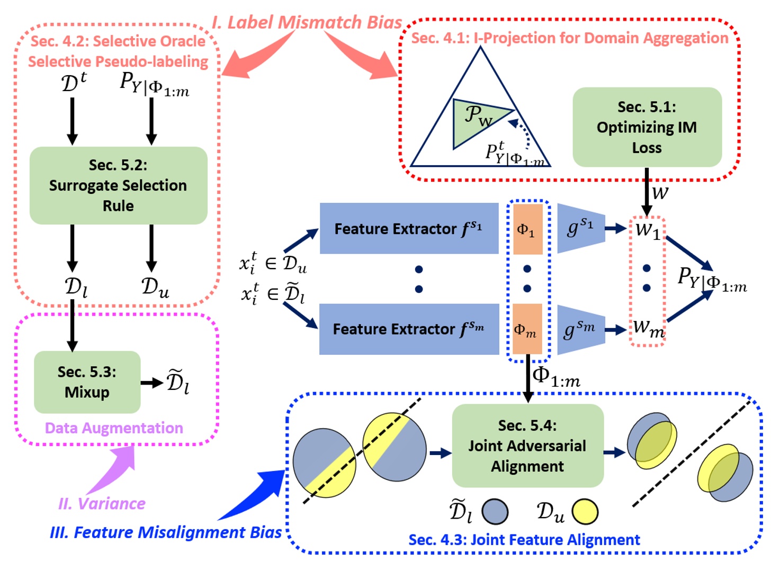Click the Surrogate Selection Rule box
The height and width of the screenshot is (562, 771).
pos(118,185)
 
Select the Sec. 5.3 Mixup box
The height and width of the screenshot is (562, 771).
pos(87,382)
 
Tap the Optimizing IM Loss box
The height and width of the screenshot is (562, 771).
pos(647,127)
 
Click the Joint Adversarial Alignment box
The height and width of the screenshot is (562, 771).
pos(527,445)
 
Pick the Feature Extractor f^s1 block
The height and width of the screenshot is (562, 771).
pos(408,228)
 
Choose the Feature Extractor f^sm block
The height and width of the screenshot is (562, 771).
pos(408,329)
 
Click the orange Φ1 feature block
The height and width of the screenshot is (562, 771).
pos(527,229)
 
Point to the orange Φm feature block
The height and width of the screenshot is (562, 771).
pos(527,329)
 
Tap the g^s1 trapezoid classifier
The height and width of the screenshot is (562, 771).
pos(579,228)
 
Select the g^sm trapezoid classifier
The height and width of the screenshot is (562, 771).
pos(579,329)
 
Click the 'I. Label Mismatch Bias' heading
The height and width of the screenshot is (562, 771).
pos(307,22)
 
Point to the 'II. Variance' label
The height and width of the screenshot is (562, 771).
pos(102,503)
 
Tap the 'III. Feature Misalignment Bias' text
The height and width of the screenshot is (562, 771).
pos(166,532)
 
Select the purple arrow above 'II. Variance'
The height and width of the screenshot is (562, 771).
pos(114,469)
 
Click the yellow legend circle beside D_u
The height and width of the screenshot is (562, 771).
pos(585,512)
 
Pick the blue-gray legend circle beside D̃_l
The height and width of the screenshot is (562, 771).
pos(495,512)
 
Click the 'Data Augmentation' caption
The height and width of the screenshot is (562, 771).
pos(114,428)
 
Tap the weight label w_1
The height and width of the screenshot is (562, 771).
pos(648,230)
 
